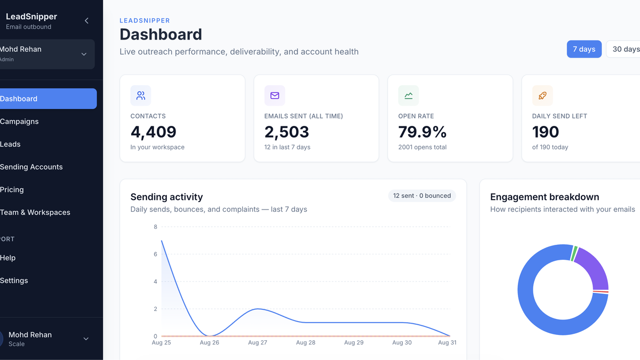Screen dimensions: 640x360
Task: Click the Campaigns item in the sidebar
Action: (19, 122)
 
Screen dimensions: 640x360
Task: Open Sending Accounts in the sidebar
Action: (31, 167)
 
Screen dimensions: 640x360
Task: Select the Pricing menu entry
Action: (12, 190)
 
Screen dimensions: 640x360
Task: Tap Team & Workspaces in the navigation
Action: (35, 212)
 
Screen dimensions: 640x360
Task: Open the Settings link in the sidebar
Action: (14, 281)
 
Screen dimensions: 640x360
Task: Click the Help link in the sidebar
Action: (7, 258)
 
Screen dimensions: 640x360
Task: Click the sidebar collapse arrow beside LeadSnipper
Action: (86, 21)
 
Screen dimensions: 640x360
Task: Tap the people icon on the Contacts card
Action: (141, 95)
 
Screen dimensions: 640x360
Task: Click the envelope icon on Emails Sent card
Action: (275, 95)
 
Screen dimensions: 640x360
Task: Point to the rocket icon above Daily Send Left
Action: (542, 95)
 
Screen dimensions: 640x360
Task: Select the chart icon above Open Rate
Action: (409, 95)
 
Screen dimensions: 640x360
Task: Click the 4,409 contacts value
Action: (154, 132)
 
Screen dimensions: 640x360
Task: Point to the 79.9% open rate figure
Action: (422, 132)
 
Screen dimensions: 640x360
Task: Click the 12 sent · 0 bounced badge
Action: (422, 196)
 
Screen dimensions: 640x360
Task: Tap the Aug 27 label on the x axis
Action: (258, 342)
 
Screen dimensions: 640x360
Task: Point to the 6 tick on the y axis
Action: (155, 254)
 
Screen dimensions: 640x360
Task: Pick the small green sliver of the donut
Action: (574, 253)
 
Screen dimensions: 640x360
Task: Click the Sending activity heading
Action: (166, 197)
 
